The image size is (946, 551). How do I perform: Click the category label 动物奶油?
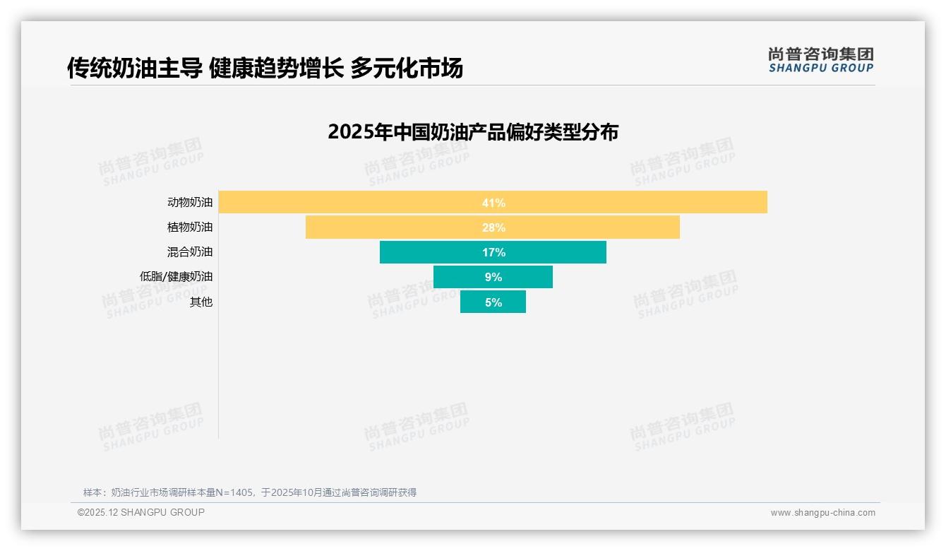(x=190, y=202)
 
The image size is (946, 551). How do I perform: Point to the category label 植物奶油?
(x=190, y=227)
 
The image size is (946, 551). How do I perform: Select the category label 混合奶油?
(x=190, y=252)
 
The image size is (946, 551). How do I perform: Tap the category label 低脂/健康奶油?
(x=176, y=277)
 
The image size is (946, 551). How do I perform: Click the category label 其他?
(x=201, y=302)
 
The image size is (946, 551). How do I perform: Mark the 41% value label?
(x=493, y=203)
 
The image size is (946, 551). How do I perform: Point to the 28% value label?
(x=493, y=227)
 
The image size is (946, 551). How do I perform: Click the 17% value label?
(x=493, y=252)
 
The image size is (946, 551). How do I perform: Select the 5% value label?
(x=493, y=302)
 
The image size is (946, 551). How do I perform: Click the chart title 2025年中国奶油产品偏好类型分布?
(x=473, y=132)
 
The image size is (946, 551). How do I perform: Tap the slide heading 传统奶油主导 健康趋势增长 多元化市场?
(x=265, y=69)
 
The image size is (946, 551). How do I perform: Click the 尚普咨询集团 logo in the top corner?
(x=821, y=60)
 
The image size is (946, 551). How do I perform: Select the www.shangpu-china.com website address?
(x=822, y=513)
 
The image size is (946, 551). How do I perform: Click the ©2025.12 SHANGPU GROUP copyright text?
(x=141, y=512)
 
